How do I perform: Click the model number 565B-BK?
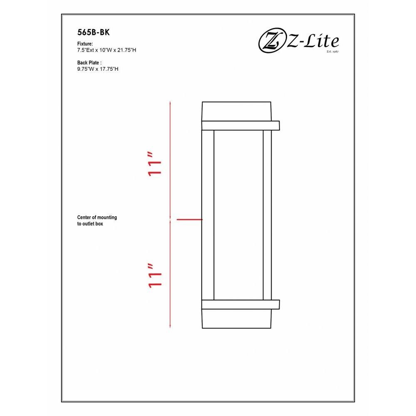coord(93,32)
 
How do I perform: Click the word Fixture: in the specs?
coord(85,44)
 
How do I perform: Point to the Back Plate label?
coord(89,63)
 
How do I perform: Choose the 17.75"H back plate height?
coord(109,69)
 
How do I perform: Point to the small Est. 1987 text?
coord(333,52)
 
